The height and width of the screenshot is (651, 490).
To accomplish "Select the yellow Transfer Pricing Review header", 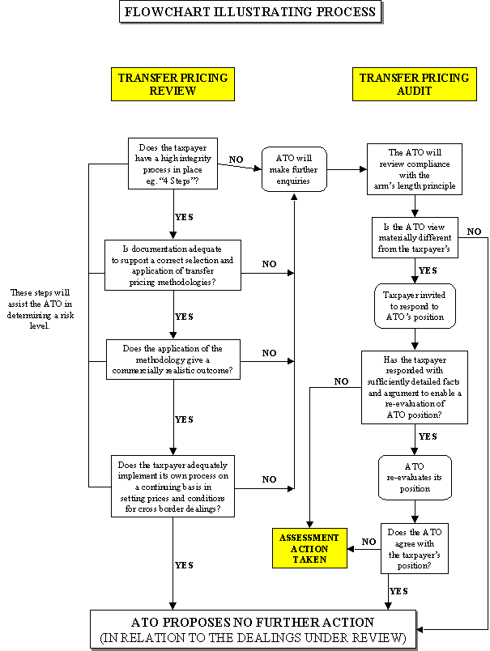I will pos(173,84).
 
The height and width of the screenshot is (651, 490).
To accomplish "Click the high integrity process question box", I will pos(173,165).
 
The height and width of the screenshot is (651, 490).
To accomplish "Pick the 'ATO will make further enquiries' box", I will pos(294,169).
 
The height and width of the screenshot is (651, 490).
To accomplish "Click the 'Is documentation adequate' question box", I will pos(173,265).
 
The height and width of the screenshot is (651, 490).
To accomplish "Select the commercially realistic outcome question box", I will pos(173,360).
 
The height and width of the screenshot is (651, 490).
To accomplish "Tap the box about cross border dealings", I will pos(173,487).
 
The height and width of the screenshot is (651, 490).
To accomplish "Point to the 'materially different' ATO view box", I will pos(415,237).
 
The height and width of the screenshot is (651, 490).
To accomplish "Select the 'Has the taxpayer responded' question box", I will pos(414,386).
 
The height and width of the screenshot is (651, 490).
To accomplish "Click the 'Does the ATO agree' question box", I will pos(415,549).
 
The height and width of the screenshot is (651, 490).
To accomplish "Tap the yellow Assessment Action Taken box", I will pos(309,548).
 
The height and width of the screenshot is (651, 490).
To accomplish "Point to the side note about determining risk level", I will pos(43,309).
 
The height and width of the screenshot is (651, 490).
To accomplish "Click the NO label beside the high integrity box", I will pos(236,160).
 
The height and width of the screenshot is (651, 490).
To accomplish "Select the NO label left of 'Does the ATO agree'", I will pos(369,542).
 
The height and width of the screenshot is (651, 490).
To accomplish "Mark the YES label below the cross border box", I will pos(185,565).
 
